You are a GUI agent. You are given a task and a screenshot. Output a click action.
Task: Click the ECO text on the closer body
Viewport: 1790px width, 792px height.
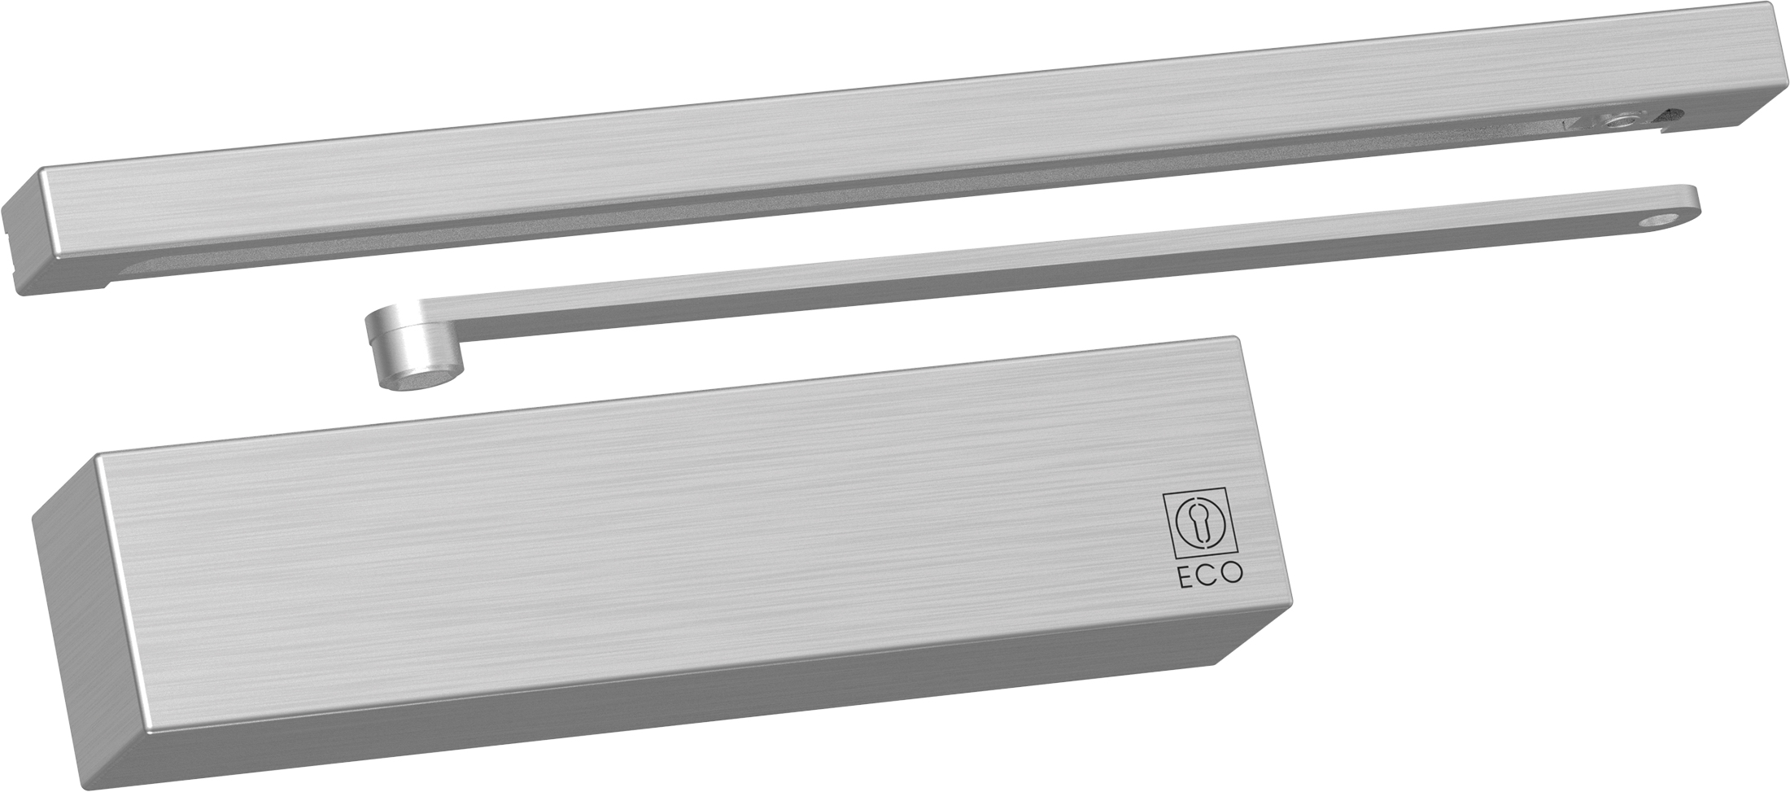pyautogui.click(x=1212, y=574)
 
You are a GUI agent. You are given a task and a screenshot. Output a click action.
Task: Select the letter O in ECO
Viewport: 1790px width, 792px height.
pyautogui.click(x=1233, y=574)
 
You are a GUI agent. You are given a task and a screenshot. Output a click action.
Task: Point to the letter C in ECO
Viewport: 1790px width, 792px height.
pyautogui.click(x=1211, y=574)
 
